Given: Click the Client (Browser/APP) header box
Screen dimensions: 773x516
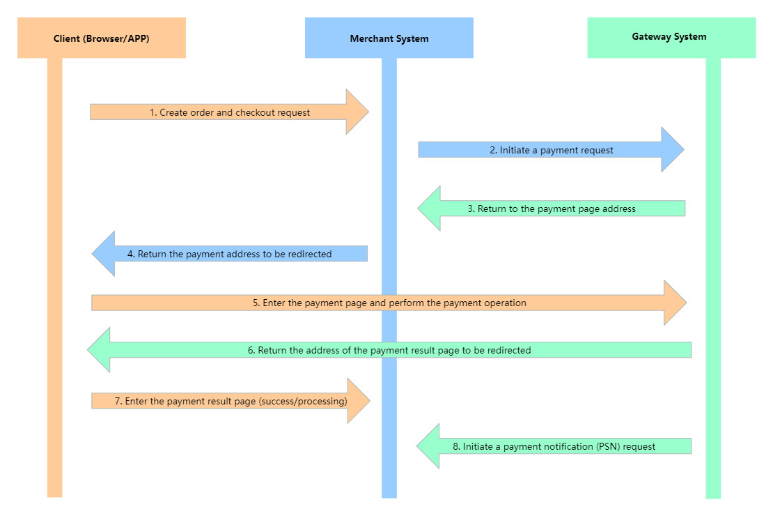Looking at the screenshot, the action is tap(102, 38).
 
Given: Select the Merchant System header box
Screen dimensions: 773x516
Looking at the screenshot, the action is tap(389, 38).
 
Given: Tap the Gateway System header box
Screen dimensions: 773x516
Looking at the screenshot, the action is tap(671, 38).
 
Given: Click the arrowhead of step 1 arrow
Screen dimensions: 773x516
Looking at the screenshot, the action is tap(357, 112).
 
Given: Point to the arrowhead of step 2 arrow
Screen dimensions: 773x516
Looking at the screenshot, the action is tap(673, 150).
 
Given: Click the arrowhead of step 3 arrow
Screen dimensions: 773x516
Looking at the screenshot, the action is tap(430, 208).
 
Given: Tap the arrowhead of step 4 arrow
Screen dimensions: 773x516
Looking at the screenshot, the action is tap(104, 253).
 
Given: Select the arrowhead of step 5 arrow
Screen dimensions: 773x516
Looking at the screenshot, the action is tap(675, 303).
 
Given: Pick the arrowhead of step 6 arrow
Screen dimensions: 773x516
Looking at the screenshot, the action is tap(99, 349).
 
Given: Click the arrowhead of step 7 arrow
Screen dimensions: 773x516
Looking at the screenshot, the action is tap(359, 401).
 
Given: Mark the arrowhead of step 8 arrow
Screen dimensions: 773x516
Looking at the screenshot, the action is tap(428, 446).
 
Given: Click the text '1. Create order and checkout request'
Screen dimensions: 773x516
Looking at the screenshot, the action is tap(230, 112).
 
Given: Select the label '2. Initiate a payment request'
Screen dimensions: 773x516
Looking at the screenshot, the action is tap(552, 150).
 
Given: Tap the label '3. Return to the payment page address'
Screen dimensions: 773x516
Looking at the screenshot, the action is tap(552, 209).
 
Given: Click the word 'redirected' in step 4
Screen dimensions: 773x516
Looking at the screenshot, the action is tap(310, 254).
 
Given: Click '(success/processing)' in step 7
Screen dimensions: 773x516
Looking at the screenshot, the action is tap(303, 402).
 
